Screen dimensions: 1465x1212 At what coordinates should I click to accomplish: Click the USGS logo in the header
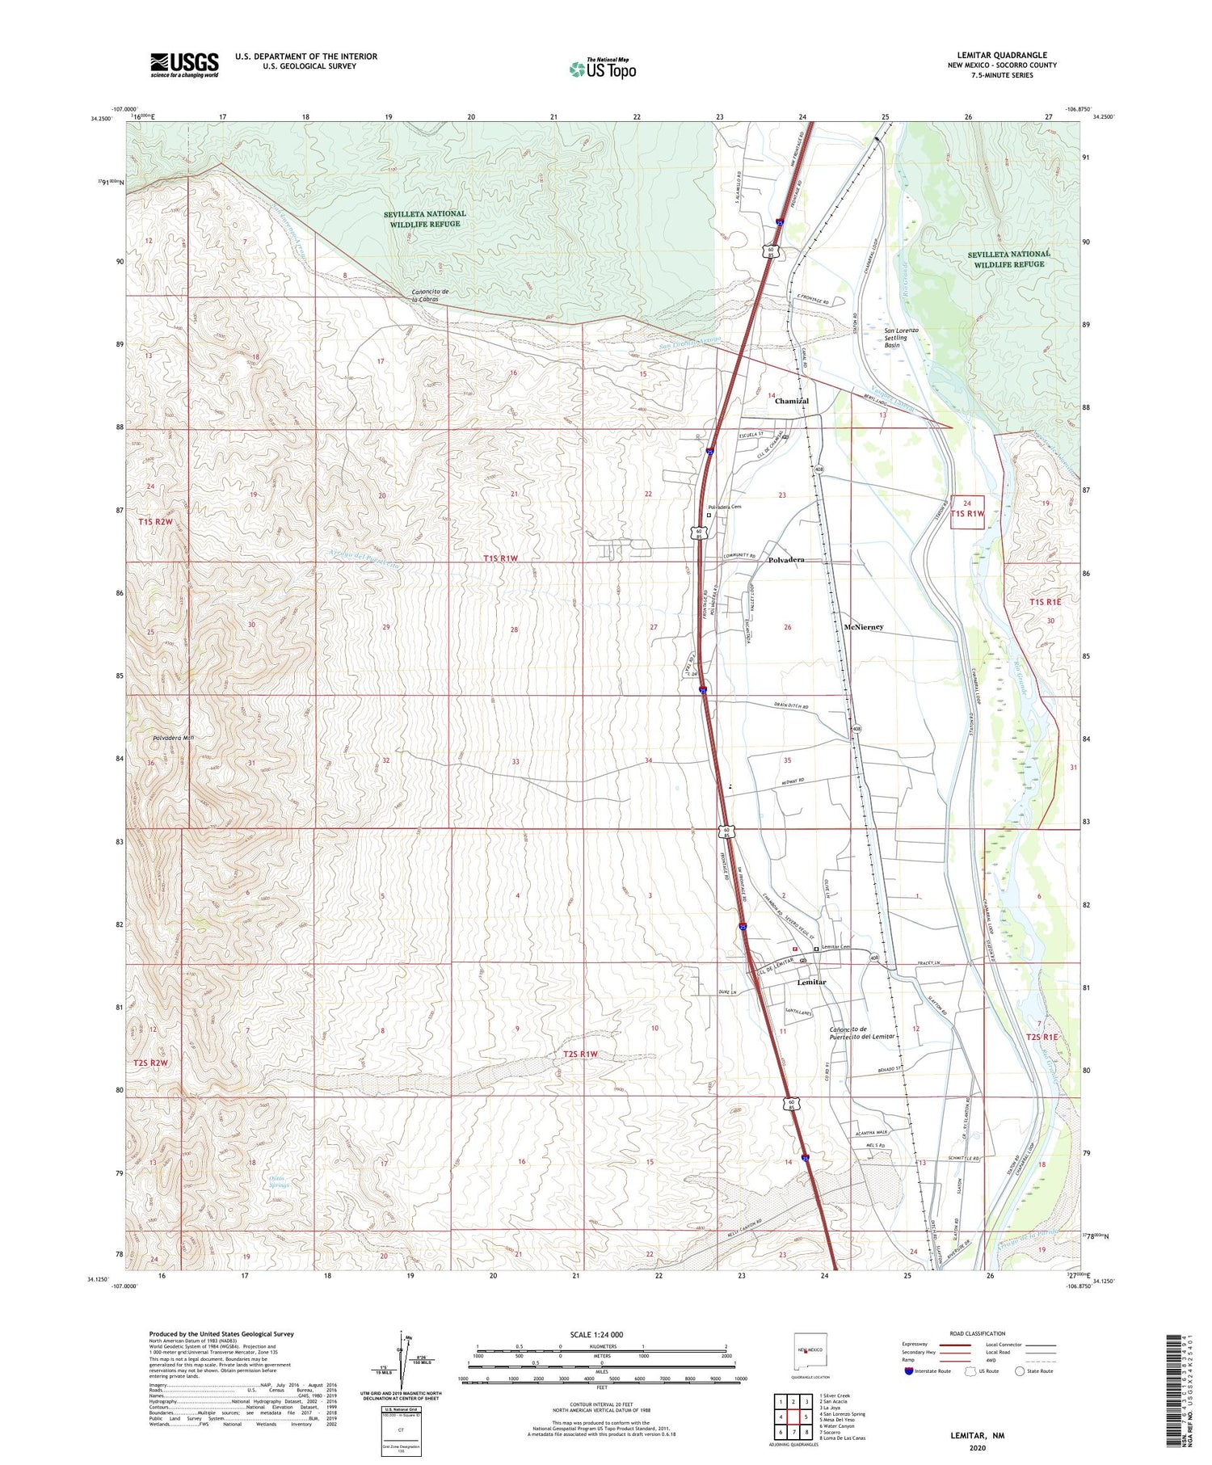[x=184, y=65]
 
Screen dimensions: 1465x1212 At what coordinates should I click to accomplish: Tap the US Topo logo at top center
[x=602, y=69]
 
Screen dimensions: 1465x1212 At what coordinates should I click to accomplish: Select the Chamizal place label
[x=791, y=401]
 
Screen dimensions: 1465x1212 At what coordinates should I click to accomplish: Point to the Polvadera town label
[x=786, y=560]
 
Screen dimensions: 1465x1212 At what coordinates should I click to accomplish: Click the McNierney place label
[x=864, y=627]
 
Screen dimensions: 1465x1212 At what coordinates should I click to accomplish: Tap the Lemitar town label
[x=811, y=983]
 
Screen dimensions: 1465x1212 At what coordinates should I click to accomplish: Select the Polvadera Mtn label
[x=173, y=738]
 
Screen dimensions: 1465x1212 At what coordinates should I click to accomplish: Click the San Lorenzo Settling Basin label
[x=902, y=338]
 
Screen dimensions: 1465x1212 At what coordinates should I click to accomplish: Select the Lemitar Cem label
[x=836, y=947]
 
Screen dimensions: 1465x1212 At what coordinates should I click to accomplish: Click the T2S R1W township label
[x=580, y=1054]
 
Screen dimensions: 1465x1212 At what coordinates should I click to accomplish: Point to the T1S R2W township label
[x=155, y=522]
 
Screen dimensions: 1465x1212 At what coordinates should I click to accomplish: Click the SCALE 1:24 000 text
[x=601, y=1335]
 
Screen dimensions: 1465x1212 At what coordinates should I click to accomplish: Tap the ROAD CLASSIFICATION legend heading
[x=978, y=1334]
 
